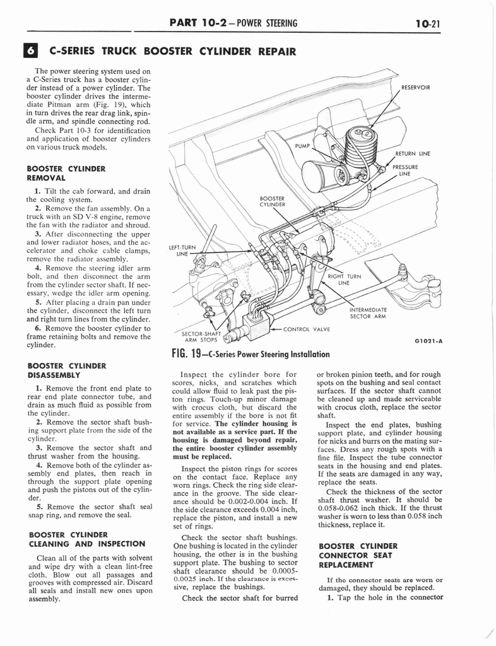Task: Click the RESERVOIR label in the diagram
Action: pyautogui.click(x=415, y=88)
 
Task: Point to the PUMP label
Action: pyautogui.click(x=303, y=146)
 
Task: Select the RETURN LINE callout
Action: pyautogui.click(x=413, y=153)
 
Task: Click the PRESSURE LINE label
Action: pyautogui.click(x=405, y=170)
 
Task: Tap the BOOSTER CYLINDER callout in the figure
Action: pyautogui.click(x=273, y=201)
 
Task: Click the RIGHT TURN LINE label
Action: pyautogui.click(x=344, y=279)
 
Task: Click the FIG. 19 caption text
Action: pyautogui.click(x=251, y=354)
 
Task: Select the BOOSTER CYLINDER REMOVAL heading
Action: pyautogui.click(x=66, y=173)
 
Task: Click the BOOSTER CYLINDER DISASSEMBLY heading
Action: pyautogui.click(x=66, y=370)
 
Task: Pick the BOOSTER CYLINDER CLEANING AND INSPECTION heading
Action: pyautogui.click(x=86, y=539)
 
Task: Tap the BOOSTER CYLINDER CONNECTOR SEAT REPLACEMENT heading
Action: pyautogui.click(x=358, y=555)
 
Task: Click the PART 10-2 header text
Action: pyautogui.click(x=233, y=24)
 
